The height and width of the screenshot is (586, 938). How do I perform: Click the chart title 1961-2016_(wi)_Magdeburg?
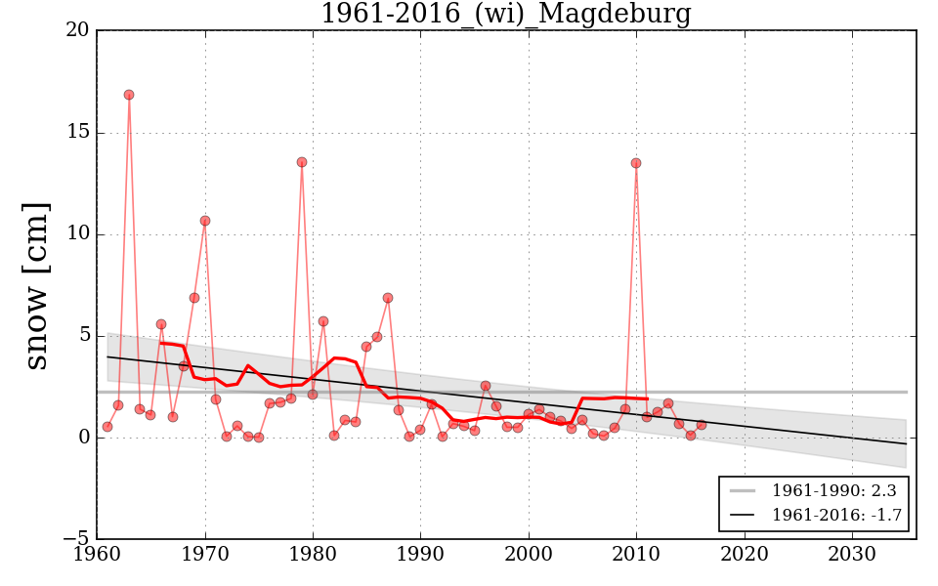[506, 15]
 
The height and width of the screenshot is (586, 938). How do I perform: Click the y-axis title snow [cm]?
[36, 285]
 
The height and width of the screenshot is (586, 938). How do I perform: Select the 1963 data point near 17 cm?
[129, 95]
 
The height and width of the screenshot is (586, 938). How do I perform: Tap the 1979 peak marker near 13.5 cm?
[302, 162]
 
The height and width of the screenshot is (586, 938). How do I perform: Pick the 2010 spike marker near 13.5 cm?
[636, 163]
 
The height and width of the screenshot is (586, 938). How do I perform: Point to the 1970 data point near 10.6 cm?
[205, 221]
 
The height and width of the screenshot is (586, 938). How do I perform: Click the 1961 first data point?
[107, 427]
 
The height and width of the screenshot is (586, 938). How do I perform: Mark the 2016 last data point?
[701, 425]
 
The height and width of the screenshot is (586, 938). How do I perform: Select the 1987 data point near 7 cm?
[388, 298]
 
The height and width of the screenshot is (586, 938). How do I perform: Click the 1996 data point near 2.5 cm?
[486, 386]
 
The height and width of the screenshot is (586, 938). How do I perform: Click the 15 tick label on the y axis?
[78, 132]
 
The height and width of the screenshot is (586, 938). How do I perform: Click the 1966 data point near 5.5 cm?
[161, 324]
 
